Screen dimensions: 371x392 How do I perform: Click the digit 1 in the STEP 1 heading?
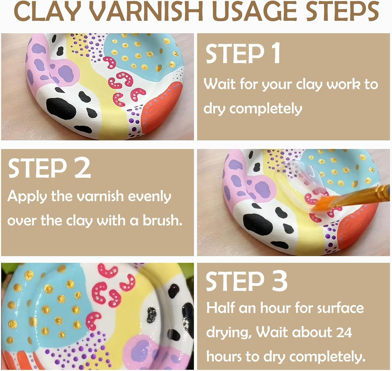click(x=276, y=54)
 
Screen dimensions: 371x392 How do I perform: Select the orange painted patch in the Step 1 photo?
click(x=163, y=109)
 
